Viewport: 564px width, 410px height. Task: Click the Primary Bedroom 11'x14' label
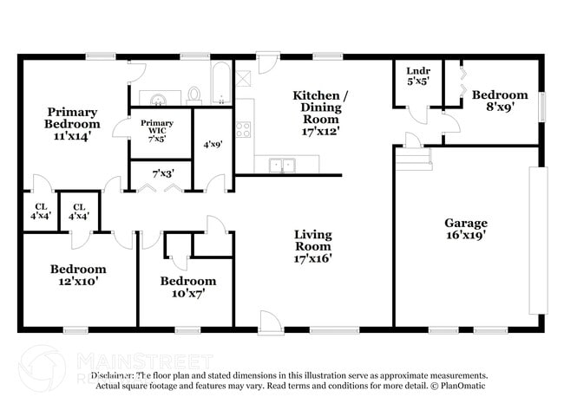coord(72,123)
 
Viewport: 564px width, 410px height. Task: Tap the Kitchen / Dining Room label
coord(315,113)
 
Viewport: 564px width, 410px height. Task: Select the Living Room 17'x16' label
coord(313,245)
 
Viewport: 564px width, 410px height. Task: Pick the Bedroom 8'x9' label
coord(500,101)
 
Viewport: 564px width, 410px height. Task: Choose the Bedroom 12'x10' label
coord(78,275)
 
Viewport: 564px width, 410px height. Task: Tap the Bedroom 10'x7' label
coord(187,287)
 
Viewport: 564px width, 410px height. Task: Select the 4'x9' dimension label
coord(213,145)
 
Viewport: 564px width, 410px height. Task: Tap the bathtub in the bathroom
coord(221,84)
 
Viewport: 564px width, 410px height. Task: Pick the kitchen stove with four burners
coord(244,131)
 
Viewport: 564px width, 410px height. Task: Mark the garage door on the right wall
coord(538,240)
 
